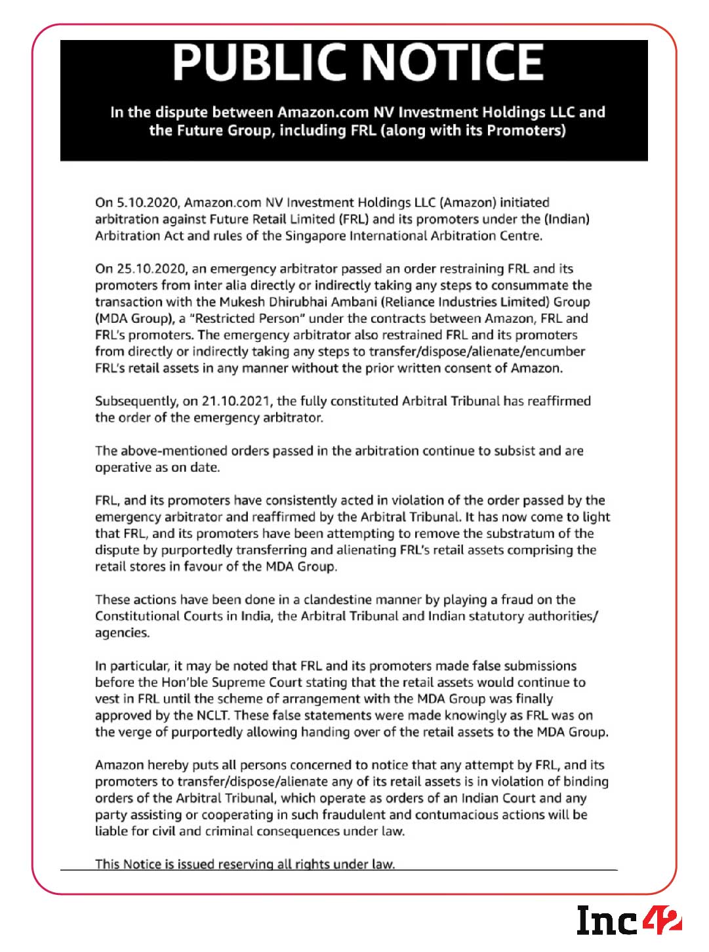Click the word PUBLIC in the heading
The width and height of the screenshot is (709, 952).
click(x=261, y=63)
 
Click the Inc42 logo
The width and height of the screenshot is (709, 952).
click(x=628, y=920)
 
